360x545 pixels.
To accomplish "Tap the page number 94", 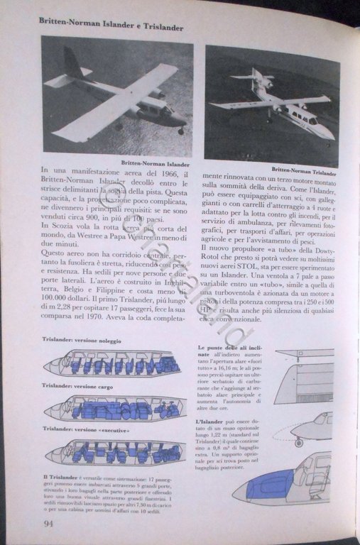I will (x=49, y=523).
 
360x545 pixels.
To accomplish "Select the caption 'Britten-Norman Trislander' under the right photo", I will (x=305, y=170).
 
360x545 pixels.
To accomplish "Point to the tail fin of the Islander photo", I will (x=72, y=64).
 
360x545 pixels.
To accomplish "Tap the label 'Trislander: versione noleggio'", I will (x=82, y=341).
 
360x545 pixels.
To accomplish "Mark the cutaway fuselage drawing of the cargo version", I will (x=114, y=409).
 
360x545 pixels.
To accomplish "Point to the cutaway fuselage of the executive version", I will (x=114, y=452).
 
